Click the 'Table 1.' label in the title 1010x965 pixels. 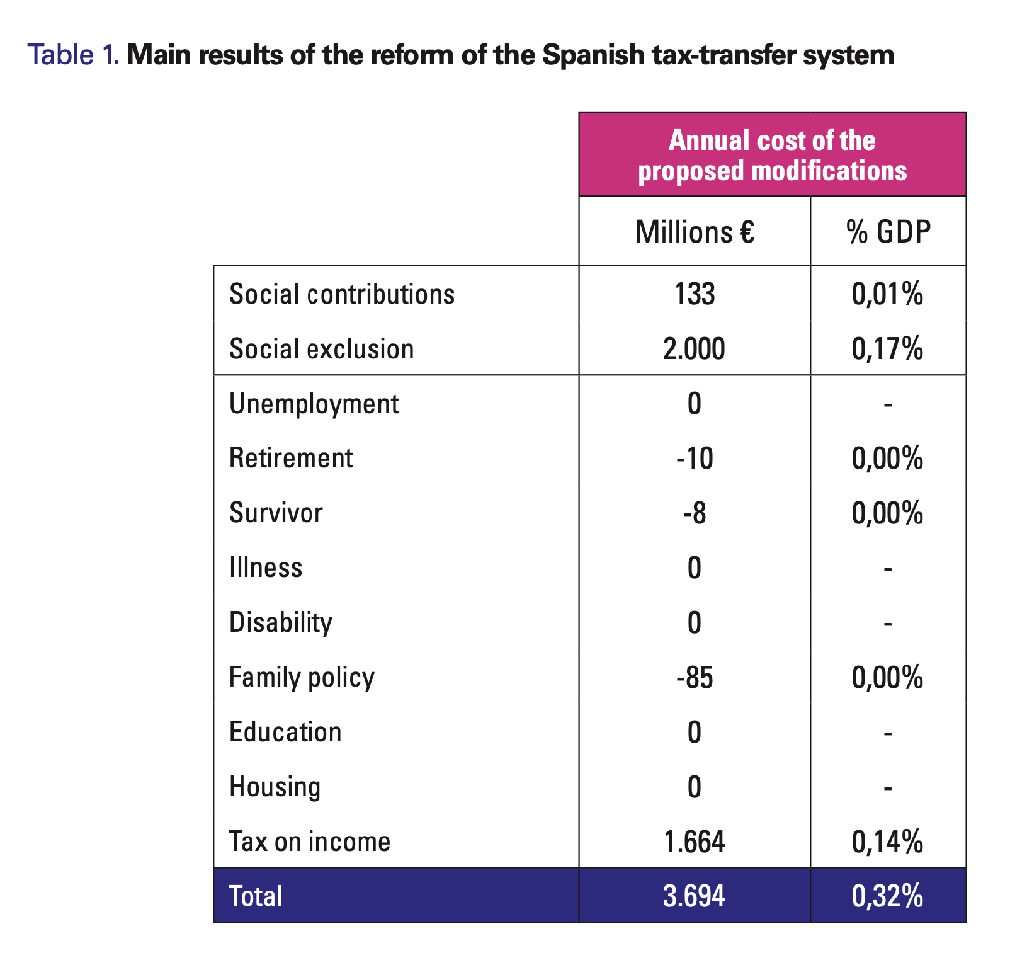74,55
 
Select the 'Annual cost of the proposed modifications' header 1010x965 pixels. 773,155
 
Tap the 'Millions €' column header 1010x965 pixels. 695,232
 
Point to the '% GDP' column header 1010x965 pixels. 888,232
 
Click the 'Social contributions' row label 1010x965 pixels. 342,294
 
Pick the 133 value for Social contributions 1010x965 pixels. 695,294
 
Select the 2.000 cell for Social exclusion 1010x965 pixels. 695,349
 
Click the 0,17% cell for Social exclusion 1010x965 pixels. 888,350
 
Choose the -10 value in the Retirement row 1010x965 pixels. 695,459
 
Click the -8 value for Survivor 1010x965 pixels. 695,513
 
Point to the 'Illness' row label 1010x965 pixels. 266,568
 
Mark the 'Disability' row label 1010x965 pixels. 281,623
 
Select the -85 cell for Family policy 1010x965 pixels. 695,678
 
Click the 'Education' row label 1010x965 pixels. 285,732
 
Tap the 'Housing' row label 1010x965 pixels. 275,787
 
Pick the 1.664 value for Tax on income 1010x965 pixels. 695,842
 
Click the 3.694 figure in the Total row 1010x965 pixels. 695,896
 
